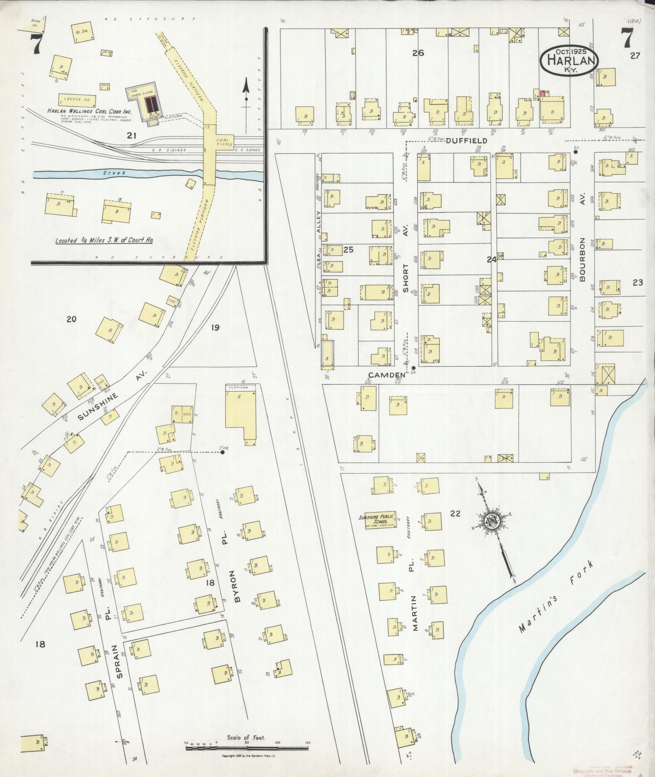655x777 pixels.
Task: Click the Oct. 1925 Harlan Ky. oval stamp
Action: [569, 60]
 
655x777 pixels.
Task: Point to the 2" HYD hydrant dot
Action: [222, 452]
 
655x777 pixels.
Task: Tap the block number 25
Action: [348, 250]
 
